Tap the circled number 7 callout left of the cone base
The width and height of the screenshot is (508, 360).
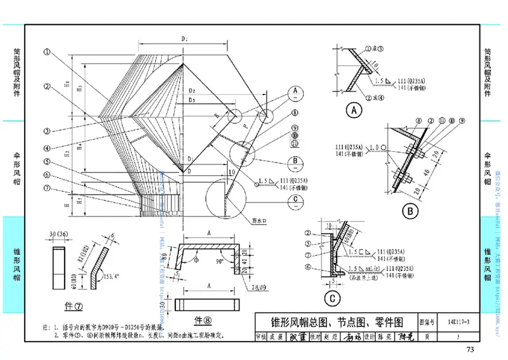pos(48,187)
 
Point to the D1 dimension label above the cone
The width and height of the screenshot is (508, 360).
pos(184,39)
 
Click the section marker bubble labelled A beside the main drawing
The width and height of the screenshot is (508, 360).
pos(295,91)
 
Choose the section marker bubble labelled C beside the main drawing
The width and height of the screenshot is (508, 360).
pos(295,198)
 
